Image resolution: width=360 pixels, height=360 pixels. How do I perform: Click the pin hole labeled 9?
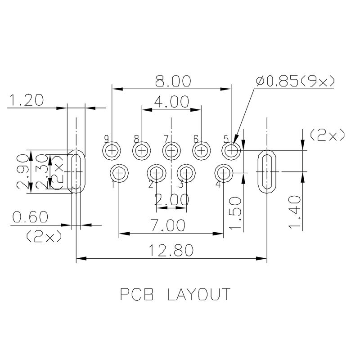(112, 150)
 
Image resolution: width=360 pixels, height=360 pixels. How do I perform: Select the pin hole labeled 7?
(171, 150)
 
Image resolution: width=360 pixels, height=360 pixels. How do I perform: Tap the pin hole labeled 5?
(231, 150)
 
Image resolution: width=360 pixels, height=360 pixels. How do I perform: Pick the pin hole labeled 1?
(119, 172)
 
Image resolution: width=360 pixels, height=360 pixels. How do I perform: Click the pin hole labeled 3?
(186, 172)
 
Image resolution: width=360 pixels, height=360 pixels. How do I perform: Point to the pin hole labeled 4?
(224, 172)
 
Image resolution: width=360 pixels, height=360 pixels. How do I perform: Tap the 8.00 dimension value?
(173, 81)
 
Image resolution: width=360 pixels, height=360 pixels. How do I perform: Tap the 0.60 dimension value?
(30, 217)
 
